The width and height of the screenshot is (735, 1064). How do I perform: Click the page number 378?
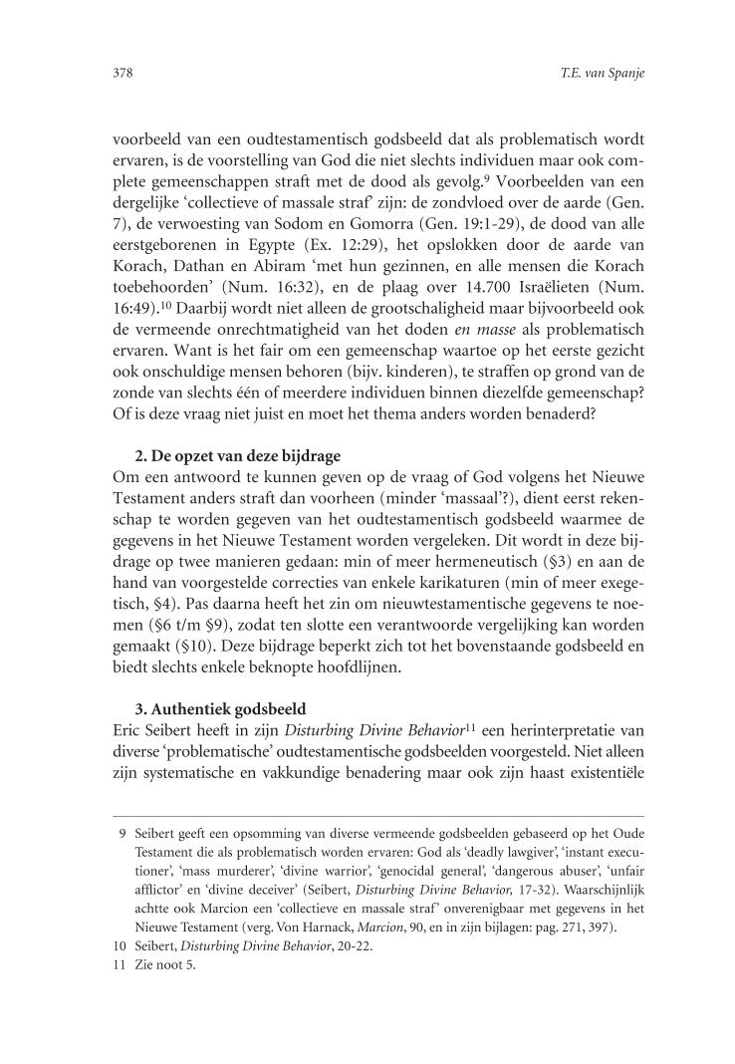click(124, 73)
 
